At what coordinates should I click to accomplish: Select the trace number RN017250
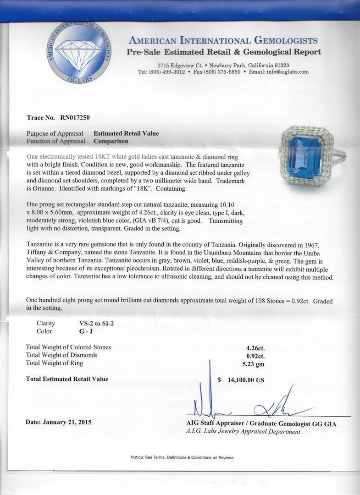coord(75,118)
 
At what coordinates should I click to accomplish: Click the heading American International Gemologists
coord(223,41)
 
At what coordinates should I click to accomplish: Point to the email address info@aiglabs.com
coord(288,72)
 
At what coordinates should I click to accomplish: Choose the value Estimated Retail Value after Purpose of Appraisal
coord(126,133)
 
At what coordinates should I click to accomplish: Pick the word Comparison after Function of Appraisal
coord(111,141)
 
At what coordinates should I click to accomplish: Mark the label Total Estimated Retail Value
coord(67,379)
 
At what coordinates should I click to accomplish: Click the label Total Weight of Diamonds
coord(62,355)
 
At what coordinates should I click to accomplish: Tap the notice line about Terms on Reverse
coord(182,457)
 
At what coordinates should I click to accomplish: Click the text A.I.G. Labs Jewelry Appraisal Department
coord(244,432)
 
